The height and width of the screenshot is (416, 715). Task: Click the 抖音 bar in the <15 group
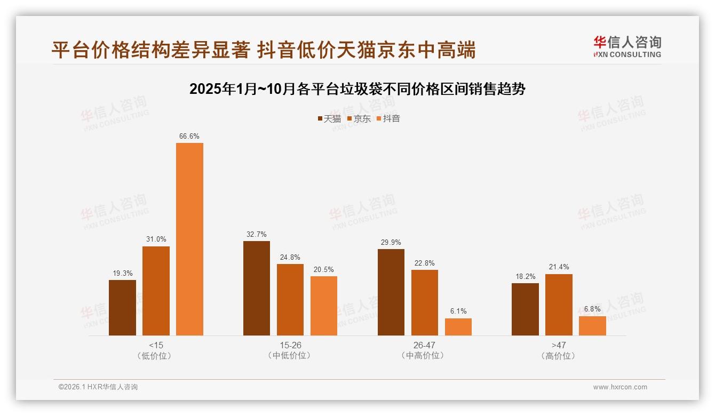(x=189, y=239)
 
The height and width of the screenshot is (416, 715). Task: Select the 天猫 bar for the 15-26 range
(x=257, y=288)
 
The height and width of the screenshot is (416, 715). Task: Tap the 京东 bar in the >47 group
(x=559, y=305)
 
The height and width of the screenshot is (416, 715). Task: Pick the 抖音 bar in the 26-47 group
(x=458, y=327)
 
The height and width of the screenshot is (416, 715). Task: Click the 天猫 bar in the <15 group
(x=122, y=308)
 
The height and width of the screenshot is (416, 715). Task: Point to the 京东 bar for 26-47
(x=425, y=302)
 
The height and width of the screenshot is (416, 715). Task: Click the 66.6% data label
(x=189, y=137)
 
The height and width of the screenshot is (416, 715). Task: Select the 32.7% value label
(x=257, y=235)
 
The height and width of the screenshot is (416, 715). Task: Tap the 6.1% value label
(x=458, y=311)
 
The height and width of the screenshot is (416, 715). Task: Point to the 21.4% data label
(x=559, y=267)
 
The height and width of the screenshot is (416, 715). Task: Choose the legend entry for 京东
(x=359, y=119)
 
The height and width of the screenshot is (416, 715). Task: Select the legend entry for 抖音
(x=388, y=119)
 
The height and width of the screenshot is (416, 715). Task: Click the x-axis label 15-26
(x=290, y=346)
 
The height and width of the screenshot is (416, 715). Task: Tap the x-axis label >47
(x=559, y=346)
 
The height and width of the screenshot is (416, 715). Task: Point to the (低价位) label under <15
(x=156, y=356)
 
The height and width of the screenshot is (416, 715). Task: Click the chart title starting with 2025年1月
(x=357, y=89)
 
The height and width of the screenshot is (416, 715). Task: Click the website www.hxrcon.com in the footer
(x=620, y=387)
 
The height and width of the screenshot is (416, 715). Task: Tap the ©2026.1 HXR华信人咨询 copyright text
(x=98, y=387)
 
